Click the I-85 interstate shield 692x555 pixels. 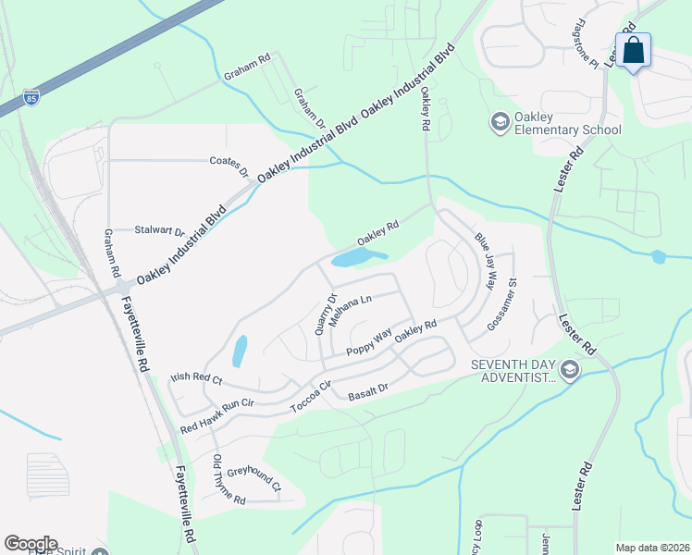[31, 97]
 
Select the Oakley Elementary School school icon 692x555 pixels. [500, 122]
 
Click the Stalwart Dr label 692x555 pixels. [160, 230]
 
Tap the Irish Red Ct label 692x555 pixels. [196, 379]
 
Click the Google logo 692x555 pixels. [31, 544]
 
